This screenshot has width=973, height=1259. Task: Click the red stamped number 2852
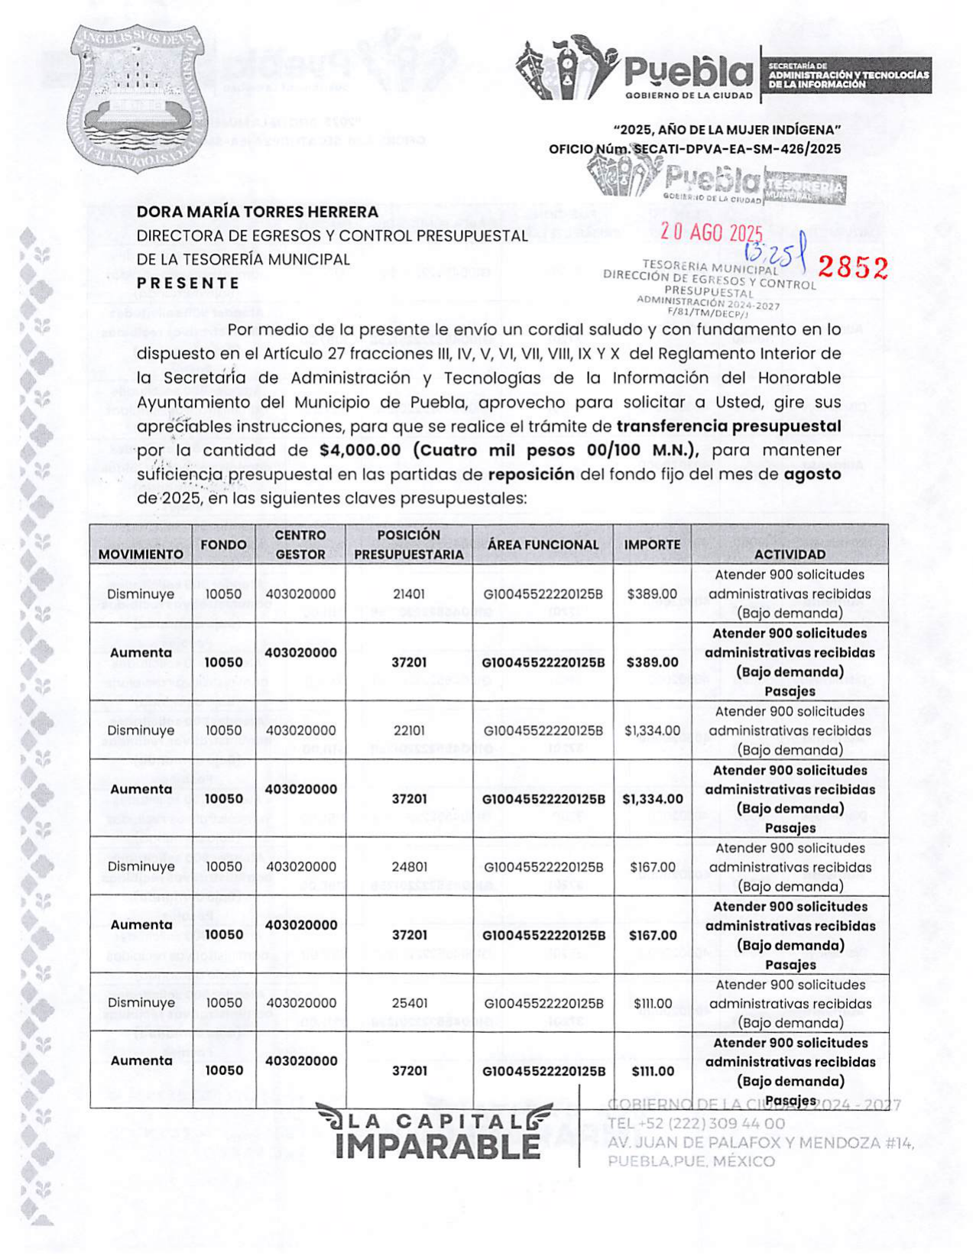click(x=852, y=267)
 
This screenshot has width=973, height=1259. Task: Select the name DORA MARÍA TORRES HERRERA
click(x=258, y=212)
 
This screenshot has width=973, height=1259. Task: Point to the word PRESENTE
click(x=188, y=283)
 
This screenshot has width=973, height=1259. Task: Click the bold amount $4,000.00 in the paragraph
click(x=360, y=450)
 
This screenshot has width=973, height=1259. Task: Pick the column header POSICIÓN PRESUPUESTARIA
click(x=409, y=545)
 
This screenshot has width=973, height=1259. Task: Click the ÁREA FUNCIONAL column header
click(x=543, y=545)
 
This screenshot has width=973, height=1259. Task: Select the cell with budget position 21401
click(x=409, y=594)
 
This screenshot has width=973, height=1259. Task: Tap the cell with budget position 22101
click(x=409, y=730)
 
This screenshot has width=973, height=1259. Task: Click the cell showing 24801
click(x=409, y=867)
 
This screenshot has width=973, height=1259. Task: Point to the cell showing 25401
click(x=409, y=1003)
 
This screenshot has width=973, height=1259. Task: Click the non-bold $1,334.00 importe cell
click(x=652, y=730)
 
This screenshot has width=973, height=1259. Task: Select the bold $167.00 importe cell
click(x=652, y=935)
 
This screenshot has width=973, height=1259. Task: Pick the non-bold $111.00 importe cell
click(x=652, y=1003)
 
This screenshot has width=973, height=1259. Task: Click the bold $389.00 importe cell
click(x=652, y=662)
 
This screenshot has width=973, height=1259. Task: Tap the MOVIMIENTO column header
click(x=141, y=554)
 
